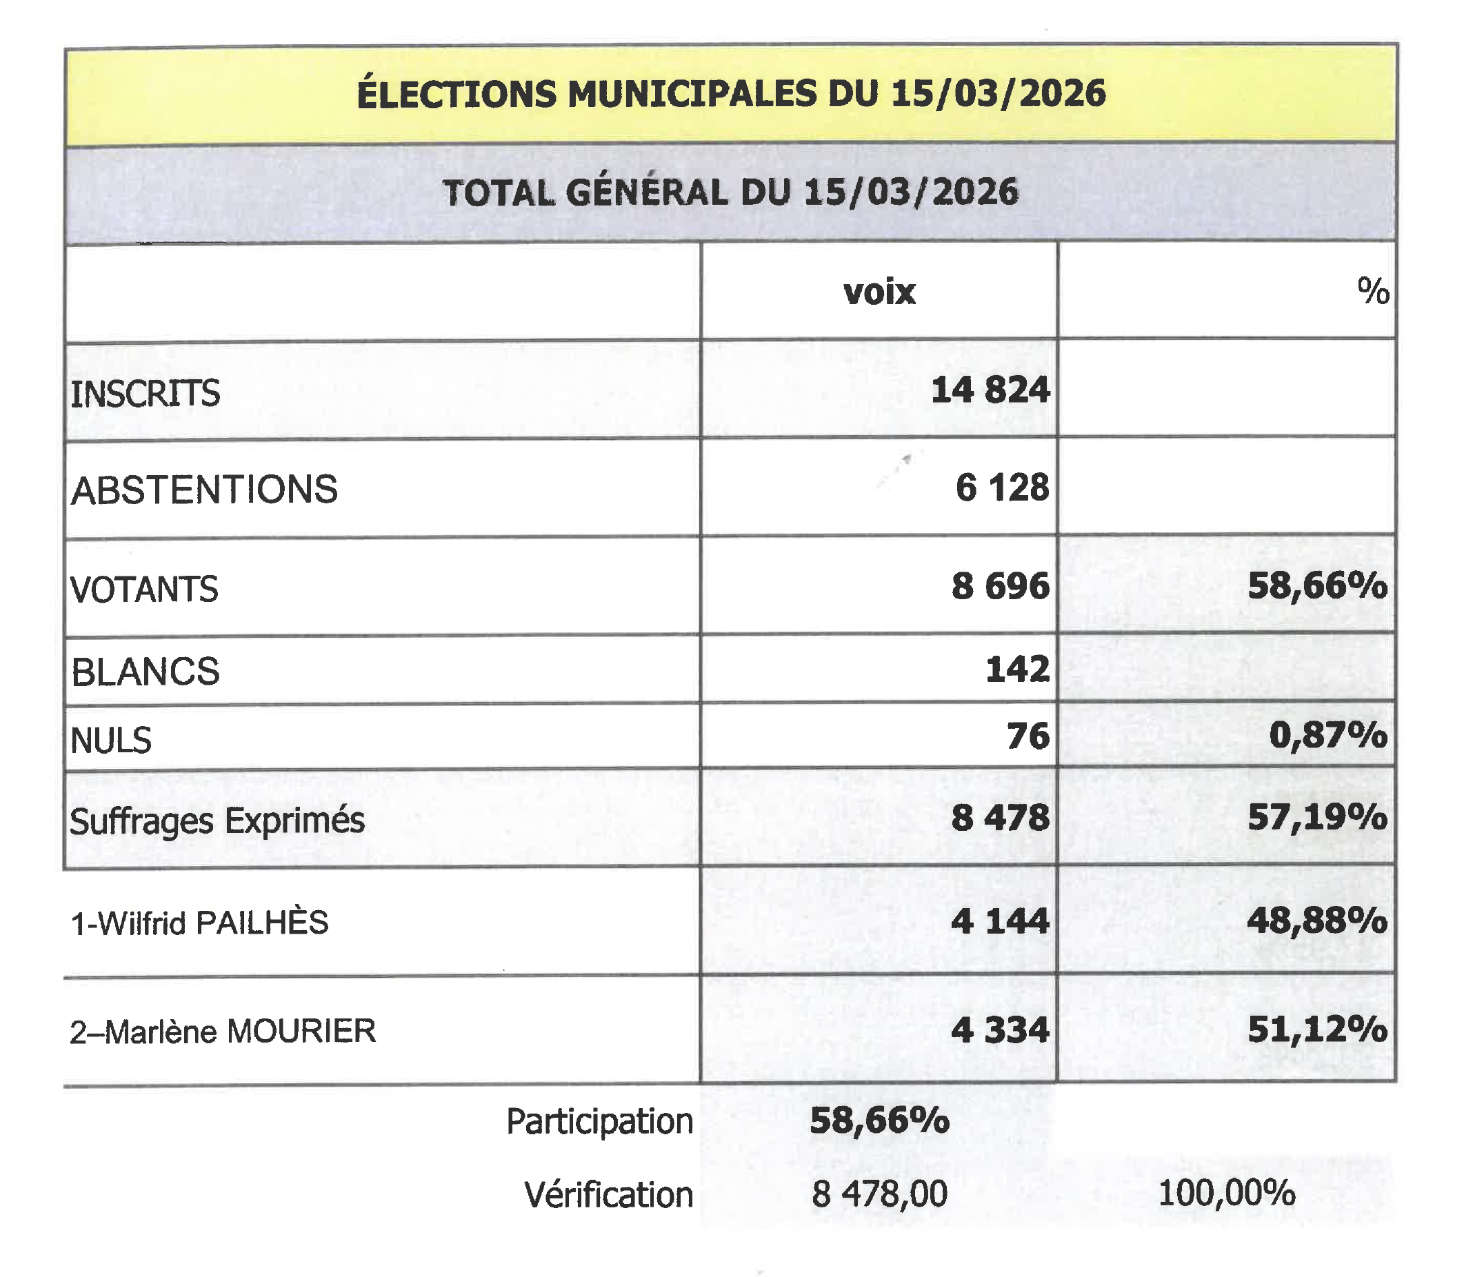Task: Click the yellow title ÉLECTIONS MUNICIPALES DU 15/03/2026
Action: click(730, 94)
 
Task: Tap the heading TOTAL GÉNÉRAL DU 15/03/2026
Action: click(730, 192)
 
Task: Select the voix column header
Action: click(879, 292)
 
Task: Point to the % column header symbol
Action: click(1372, 292)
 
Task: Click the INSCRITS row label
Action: click(146, 393)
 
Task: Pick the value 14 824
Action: click(990, 390)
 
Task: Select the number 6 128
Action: click(1002, 487)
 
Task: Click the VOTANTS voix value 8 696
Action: click(1000, 586)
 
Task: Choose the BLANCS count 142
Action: click(1017, 669)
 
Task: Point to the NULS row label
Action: click(111, 740)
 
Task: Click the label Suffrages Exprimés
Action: click(217, 820)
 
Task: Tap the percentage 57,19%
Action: click(1317, 817)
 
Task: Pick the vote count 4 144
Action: click(1000, 921)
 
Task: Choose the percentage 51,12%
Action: click(1317, 1029)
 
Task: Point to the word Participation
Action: click(599, 1121)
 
